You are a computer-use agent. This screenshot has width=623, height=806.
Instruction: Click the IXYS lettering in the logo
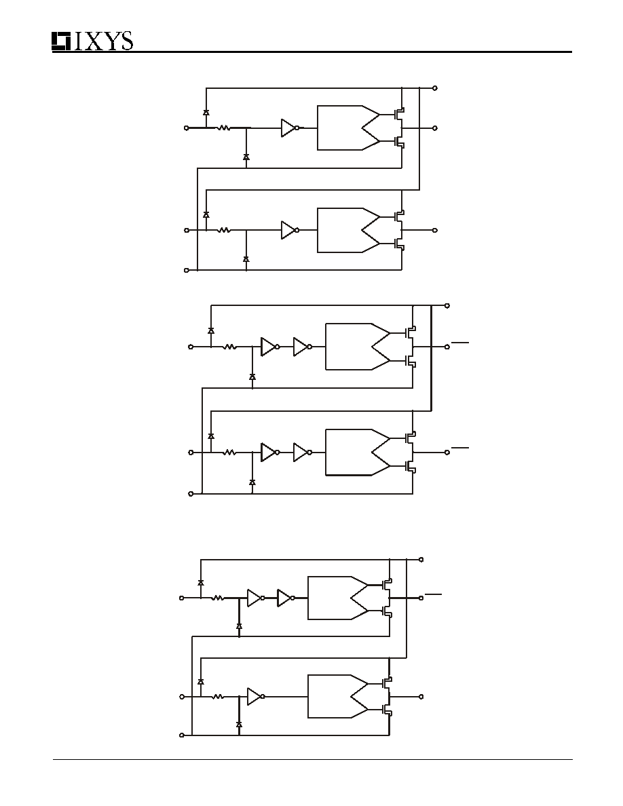pyautogui.click(x=104, y=41)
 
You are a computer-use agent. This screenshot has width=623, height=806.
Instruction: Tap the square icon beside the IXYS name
pyautogui.click(x=61, y=41)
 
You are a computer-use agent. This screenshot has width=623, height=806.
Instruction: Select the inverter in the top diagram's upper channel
pyautogui.click(x=290, y=128)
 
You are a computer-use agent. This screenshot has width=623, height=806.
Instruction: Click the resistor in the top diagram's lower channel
pyautogui.click(x=223, y=230)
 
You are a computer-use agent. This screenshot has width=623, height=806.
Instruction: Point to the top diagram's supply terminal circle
pyautogui.click(x=436, y=88)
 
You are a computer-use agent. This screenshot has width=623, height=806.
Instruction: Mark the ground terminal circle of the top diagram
pyautogui.click(x=187, y=270)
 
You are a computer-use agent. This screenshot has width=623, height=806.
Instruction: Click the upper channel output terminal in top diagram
pyautogui.click(x=436, y=128)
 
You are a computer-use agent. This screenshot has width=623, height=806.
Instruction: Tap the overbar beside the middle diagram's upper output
pyautogui.click(x=460, y=341)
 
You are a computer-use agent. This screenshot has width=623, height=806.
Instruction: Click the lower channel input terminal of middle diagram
pyautogui.click(x=191, y=453)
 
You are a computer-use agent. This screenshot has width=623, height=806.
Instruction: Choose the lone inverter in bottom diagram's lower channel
pyautogui.click(x=256, y=697)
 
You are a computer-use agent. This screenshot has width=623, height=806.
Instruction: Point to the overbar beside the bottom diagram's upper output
pyautogui.click(x=434, y=594)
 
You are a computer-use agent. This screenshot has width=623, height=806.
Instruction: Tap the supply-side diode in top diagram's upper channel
pyautogui.click(x=206, y=112)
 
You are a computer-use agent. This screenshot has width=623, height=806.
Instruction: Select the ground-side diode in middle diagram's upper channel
pyautogui.click(x=252, y=377)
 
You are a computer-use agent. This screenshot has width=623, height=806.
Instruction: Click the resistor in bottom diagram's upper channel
pyautogui.click(x=218, y=598)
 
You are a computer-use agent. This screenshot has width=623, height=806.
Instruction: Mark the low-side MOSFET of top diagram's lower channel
pyautogui.click(x=399, y=244)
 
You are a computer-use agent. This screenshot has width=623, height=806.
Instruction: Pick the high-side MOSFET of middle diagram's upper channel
pyautogui.click(x=410, y=332)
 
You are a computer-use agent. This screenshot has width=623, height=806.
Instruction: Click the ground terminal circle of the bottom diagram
pyautogui.click(x=181, y=735)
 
